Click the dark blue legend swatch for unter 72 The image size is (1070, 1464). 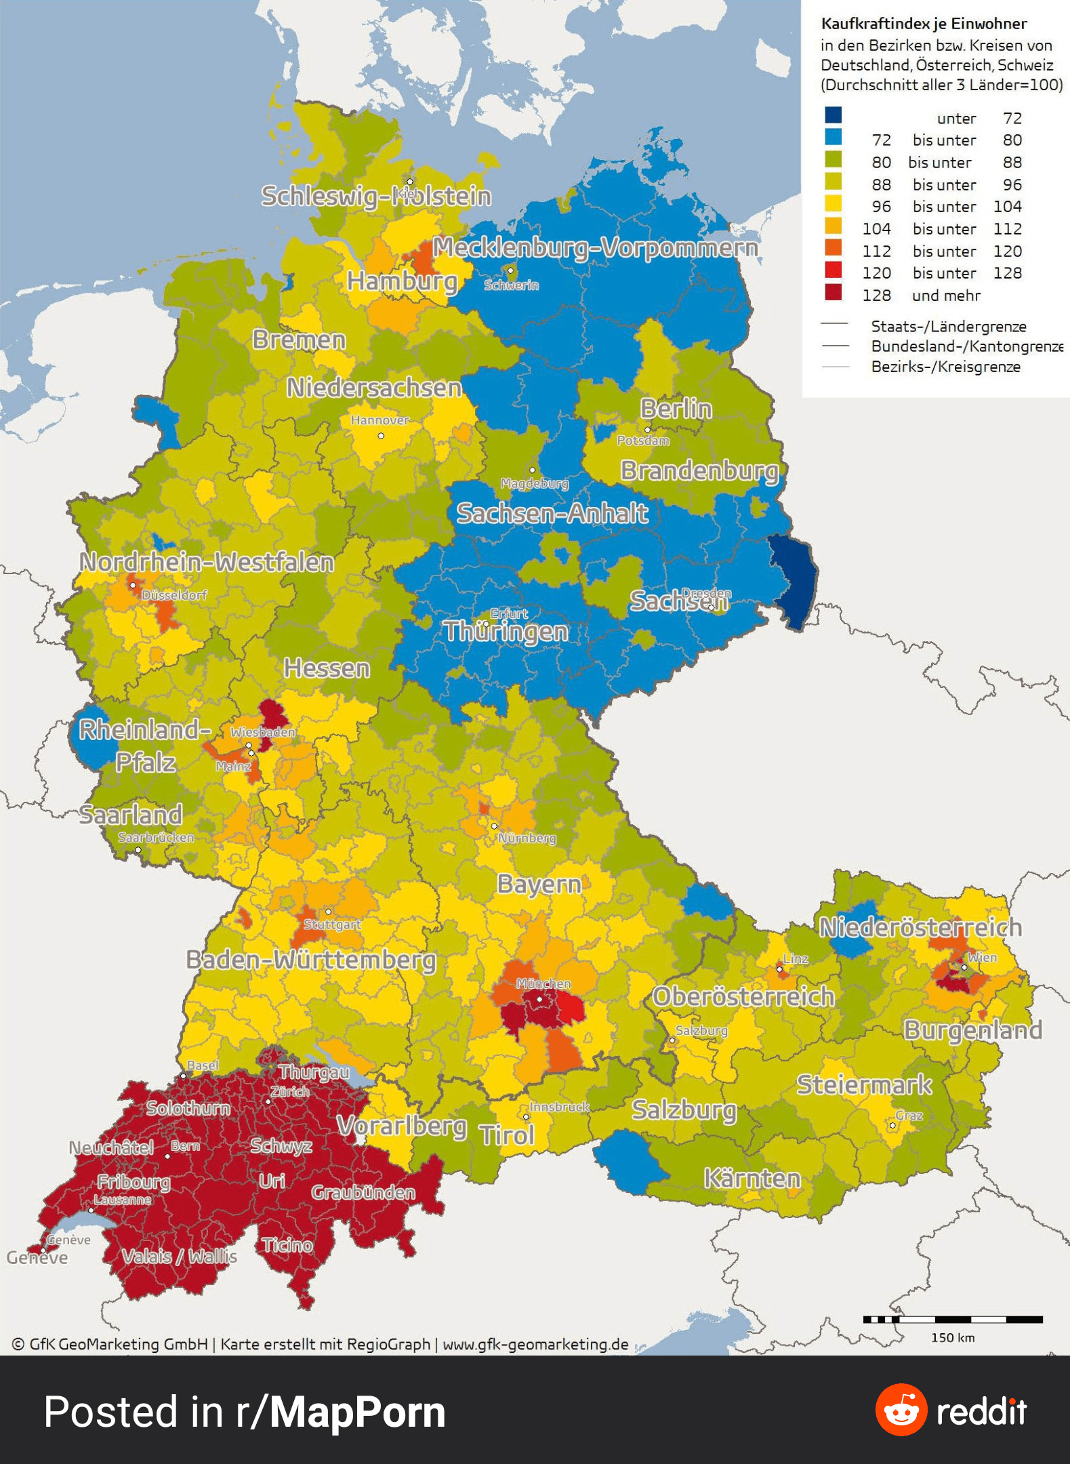coord(833,115)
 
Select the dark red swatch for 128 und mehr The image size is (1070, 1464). coord(833,293)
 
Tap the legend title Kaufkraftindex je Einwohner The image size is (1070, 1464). coord(924,24)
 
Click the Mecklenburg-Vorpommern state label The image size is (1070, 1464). coord(595,248)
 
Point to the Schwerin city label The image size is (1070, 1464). coord(511,285)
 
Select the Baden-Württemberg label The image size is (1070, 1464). coord(310,960)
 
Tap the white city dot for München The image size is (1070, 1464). coord(539,999)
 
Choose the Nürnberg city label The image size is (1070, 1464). coord(527,838)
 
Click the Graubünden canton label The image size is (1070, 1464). coord(363,1193)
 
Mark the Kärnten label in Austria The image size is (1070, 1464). coord(752,1179)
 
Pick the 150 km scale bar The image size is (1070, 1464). coord(952,1319)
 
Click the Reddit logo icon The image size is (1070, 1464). coord(901,1410)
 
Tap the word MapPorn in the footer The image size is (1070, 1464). coord(357,1412)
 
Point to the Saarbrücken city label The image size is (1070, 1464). coord(156,838)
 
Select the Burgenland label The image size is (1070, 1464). coord(972,1030)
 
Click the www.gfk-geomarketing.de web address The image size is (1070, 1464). coord(535,1344)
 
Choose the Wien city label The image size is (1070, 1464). coord(982,957)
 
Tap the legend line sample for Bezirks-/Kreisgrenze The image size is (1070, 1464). coord(835,367)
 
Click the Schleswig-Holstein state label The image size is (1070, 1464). coord(376,197)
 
